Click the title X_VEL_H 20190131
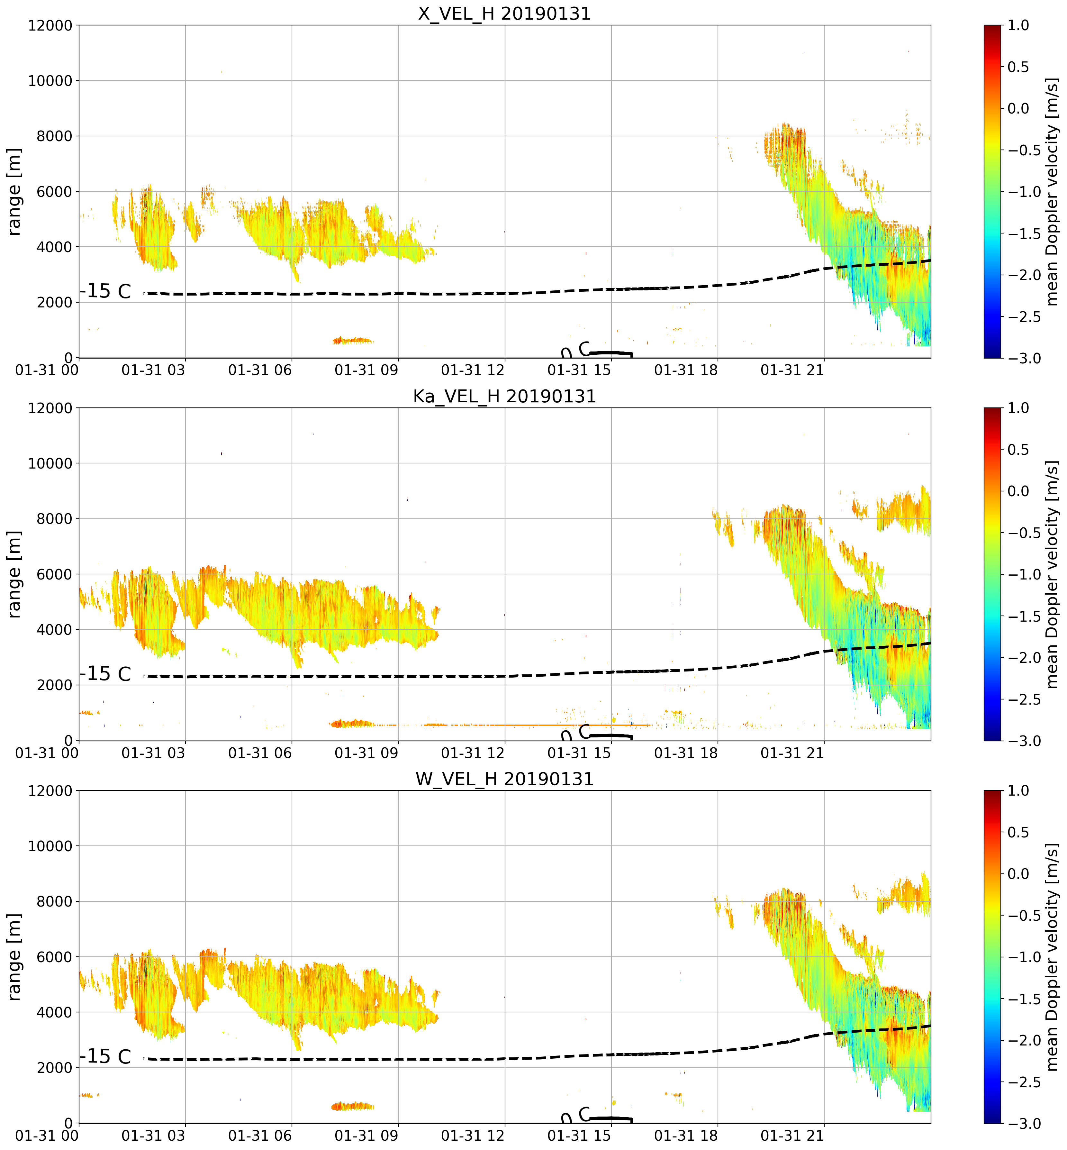[x=505, y=13]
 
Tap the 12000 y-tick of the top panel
[x=50, y=25]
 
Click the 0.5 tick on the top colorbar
[x=1018, y=67]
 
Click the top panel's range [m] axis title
[x=14, y=192]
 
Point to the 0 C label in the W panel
[x=576, y=1115]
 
